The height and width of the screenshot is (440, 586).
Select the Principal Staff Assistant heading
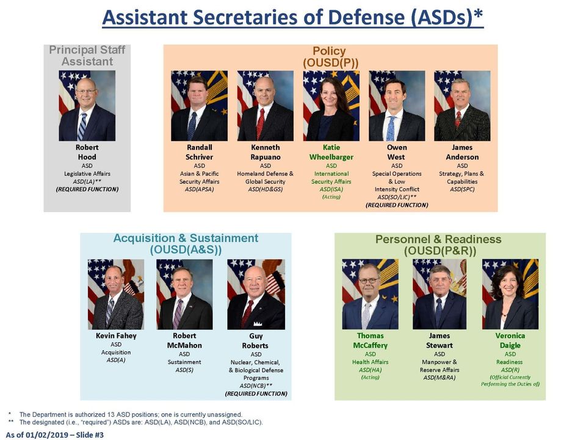(87, 56)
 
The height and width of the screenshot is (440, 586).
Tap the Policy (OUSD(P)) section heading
(330, 56)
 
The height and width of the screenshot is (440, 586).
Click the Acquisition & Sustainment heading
(186, 244)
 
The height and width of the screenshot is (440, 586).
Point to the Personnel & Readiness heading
(438, 244)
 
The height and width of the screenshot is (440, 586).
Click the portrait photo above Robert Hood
(87, 106)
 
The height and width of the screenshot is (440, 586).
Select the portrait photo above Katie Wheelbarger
(331, 106)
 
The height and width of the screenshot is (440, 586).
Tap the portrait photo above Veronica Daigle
(510, 294)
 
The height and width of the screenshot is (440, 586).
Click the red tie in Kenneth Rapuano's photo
(261, 123)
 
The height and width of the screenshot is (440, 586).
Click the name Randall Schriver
(199, 152)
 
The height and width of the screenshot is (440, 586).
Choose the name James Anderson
(462, 152)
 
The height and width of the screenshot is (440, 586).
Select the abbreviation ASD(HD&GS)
(266, 189)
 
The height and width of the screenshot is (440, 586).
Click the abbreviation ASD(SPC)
(462, 189)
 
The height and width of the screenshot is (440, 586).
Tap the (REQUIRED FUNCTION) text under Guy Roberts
(256, 394)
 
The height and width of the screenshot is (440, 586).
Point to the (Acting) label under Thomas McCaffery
(370, 377)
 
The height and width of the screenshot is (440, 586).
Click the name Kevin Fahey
(116, 335)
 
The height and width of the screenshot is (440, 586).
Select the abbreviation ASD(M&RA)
(440, 378)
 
